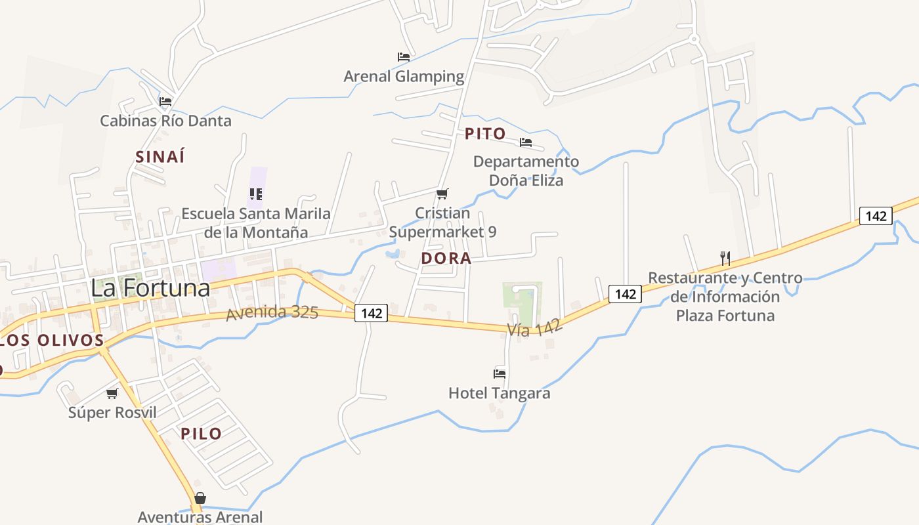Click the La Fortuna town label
[x=150, y=287]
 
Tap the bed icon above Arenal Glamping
[x=404, y=57]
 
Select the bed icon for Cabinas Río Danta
[x=165, y=102]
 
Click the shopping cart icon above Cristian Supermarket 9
[x=442, y=194]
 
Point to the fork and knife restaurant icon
[x=725, y=258]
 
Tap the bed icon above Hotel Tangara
[x=500, y=374]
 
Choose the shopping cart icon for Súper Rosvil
[x=112, y=393]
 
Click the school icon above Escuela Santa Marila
[x=256, y=194]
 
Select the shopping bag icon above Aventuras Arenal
[x=200, y=498]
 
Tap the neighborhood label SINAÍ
[x=160, y=157]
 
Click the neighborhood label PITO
[x=486, y=134]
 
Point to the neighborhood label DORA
[x=446, y=259]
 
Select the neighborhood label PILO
[x=201, y=434]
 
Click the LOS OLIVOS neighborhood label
[x=53, y=341]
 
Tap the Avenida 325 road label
[x=272, y=312]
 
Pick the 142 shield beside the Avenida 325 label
[x=372, y=314]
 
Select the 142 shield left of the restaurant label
[x=625, y=294]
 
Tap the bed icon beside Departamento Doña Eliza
[x=526, y=142]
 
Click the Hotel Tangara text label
[x=499, y=393]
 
